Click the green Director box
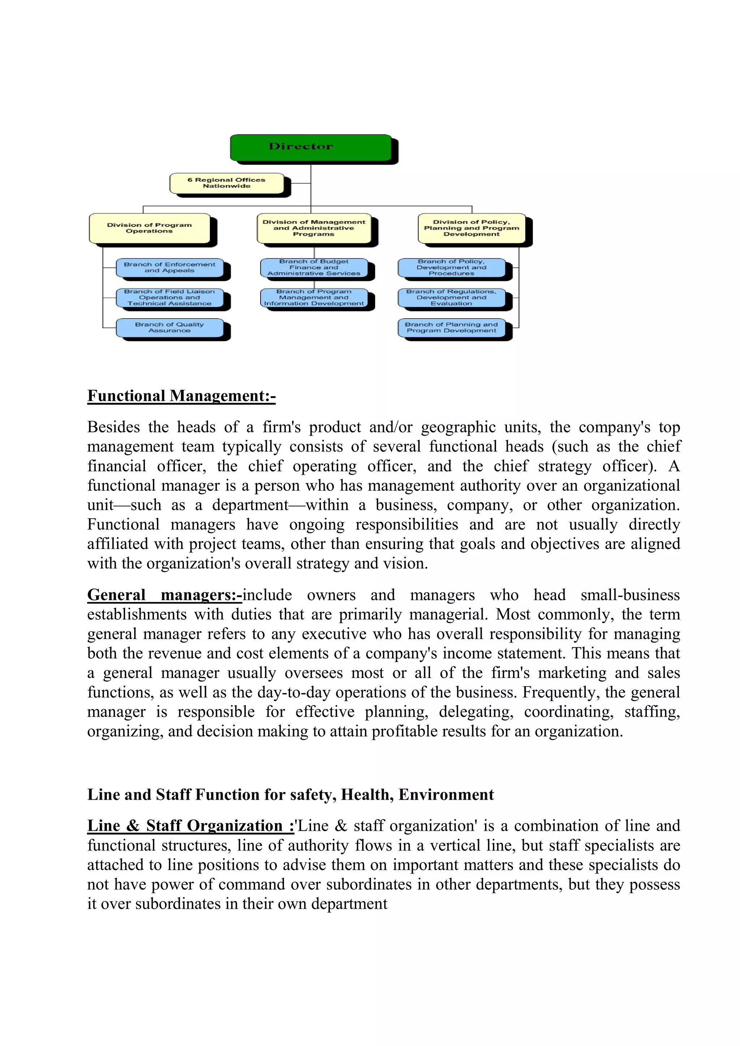[x=310, y=147]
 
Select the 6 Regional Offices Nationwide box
[x=227, y=183]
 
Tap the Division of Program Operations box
[x=150, y=228]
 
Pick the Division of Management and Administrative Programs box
[x=314, y=228]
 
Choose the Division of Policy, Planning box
[x=471, y=228]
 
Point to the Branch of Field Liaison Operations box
[x=169, y=298]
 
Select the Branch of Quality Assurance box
[x=169, y=328]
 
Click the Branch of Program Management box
[x=314, y=298]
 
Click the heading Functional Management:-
[x=181, y=396]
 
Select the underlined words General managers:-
[x=164, y=595]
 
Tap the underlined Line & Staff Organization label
[x=190, y=826]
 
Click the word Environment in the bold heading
[x=446, y=795]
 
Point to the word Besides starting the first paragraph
[x=113, y=427]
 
